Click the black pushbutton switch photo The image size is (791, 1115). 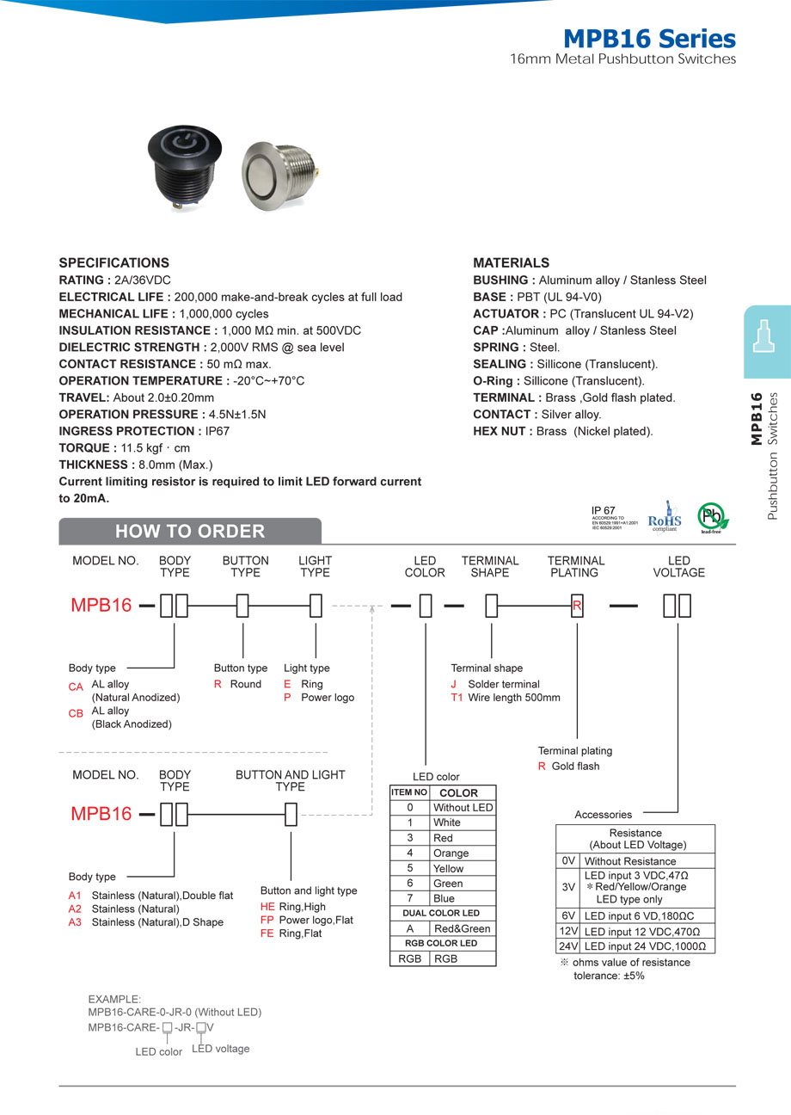(x=183, y=164)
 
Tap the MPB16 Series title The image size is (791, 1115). (x=649, y=39)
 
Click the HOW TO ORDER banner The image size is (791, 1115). (x=190, y=531)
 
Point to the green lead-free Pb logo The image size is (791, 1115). (x=712, y=518)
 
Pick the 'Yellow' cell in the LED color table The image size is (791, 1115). (x=448, y=868)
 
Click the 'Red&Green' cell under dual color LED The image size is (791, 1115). (x=462, y=928)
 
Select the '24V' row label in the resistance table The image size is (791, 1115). (x=567, y=946)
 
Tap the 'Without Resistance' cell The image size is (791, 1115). (x=630, y=861)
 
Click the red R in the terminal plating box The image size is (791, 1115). (x=577, y=606)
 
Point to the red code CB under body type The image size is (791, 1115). (x=76, y=713)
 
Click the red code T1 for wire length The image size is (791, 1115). (x=457, y=698)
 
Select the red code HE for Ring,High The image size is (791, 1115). (x=267, y=907)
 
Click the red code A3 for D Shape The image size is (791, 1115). (x=75, y=922)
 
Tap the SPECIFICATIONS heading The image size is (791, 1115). (x=113, y=262)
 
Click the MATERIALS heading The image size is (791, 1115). (x=511, y=262)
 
